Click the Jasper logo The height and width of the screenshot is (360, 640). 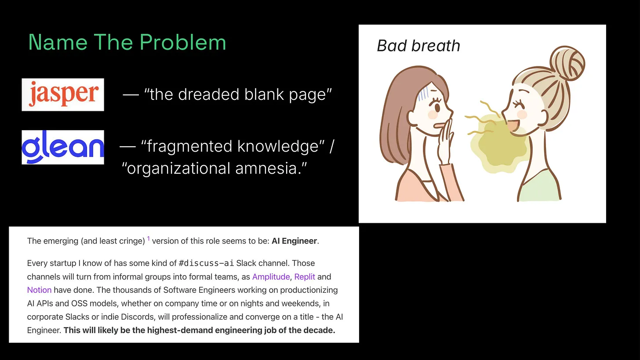point(63,95)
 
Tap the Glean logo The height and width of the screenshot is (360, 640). point(63,147)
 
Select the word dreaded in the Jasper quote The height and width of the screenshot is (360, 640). point(201,95)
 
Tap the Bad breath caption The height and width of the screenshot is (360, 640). point(418,46)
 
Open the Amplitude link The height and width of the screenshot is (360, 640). point(271,277)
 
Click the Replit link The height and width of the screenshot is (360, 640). point(305,277)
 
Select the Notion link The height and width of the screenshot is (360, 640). point(39,290)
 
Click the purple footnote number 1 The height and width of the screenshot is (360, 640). point(149,239)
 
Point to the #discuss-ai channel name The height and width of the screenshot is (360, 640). point(206,264)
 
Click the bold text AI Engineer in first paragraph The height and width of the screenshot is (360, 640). point(294,241)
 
